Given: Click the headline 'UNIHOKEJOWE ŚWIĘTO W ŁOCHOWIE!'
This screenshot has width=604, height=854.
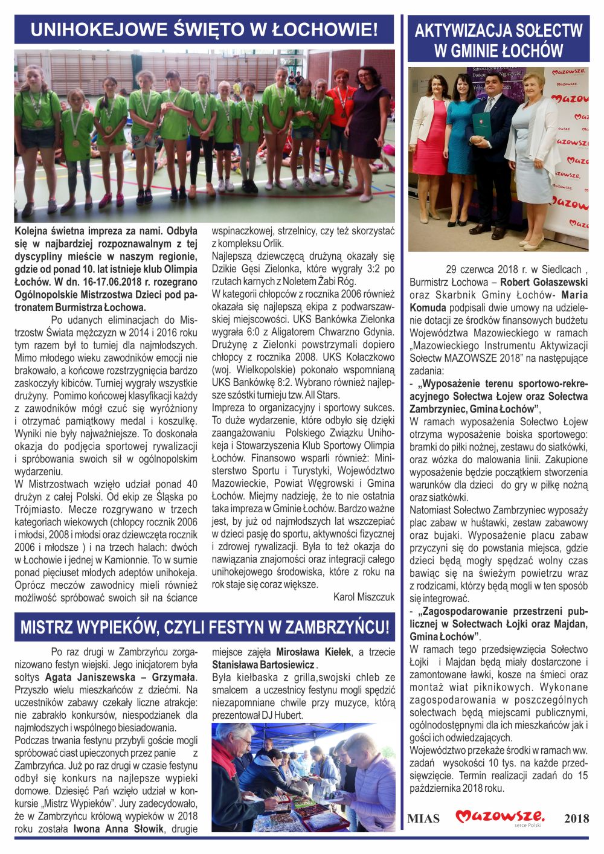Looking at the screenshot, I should click(x=204, y=30).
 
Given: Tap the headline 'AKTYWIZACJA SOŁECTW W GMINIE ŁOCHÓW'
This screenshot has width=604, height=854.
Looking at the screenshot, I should click(x=498, y=40).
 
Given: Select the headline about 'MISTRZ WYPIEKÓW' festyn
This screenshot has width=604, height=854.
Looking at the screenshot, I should click(x=204, y=627).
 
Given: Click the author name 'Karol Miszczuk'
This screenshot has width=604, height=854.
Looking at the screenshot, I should click(x=364, y=597).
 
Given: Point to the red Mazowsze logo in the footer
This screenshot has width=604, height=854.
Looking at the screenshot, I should click(x=500, y=817).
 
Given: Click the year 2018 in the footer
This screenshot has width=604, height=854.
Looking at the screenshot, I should click(x=576, y=819).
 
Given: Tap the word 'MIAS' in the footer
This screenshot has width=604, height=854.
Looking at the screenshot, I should click(x=423, y=819).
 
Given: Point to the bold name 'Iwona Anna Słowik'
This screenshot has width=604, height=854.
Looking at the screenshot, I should click(x=118, y=829).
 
